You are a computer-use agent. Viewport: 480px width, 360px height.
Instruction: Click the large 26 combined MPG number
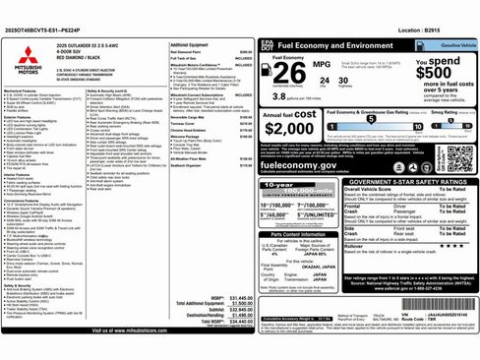286,77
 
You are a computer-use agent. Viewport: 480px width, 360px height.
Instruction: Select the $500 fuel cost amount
435,74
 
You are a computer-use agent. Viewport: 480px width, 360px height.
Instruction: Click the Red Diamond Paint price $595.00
245,53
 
